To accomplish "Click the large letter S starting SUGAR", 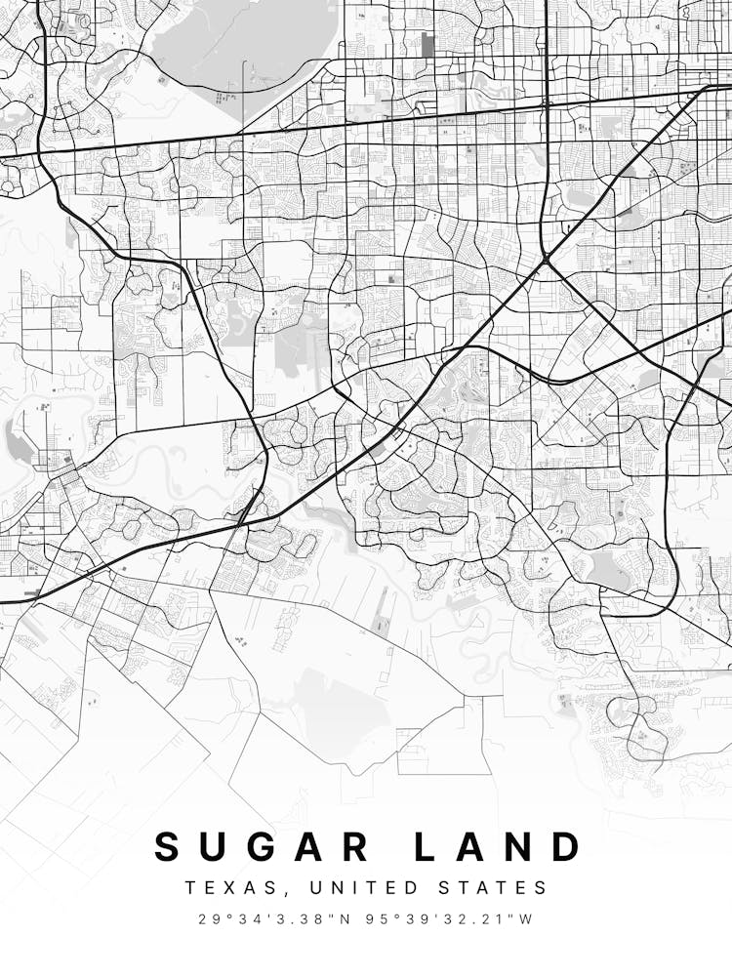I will (x=169, y=846).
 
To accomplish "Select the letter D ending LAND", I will (x=567, y=846).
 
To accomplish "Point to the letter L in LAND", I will (x=427, y=846).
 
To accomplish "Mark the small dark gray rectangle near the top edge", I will (x=427, y=44).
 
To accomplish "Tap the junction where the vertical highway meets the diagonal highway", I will (x=546, y=261).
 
